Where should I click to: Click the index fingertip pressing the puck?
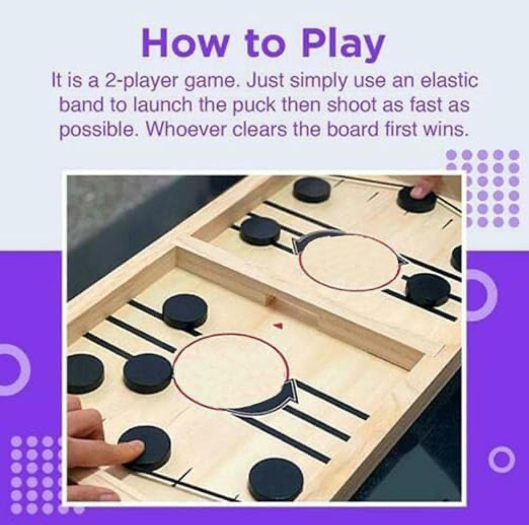(136, 444)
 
